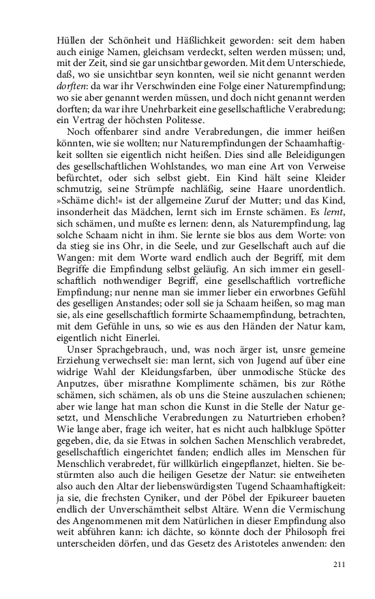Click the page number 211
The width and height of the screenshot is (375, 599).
339,564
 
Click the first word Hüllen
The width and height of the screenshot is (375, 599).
71,40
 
